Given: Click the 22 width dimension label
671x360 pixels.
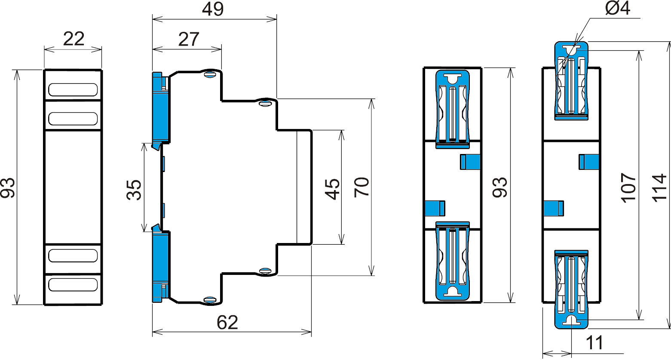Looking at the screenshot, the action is click(x=74, y=39).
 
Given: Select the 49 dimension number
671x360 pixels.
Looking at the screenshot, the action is click(x=213, y=9).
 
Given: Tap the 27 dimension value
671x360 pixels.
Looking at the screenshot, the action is click(x=189, y=39).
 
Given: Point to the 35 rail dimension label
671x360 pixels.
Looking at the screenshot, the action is click(x=134, y=190).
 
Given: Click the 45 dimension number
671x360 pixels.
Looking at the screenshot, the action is click(x=333, y=189).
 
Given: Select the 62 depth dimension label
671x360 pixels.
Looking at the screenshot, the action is click(x=227, y=323).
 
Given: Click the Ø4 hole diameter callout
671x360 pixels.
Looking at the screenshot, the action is click(x=618, y=8).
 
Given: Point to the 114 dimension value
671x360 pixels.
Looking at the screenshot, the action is click(x=659, y=188).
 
